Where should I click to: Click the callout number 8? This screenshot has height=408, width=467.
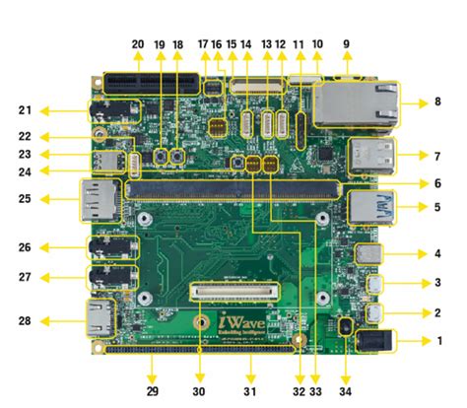437,102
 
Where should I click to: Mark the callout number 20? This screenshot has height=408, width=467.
137,44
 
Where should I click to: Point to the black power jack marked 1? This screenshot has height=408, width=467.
375,341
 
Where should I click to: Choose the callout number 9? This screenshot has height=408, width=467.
346,44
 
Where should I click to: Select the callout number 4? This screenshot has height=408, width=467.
437,254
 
